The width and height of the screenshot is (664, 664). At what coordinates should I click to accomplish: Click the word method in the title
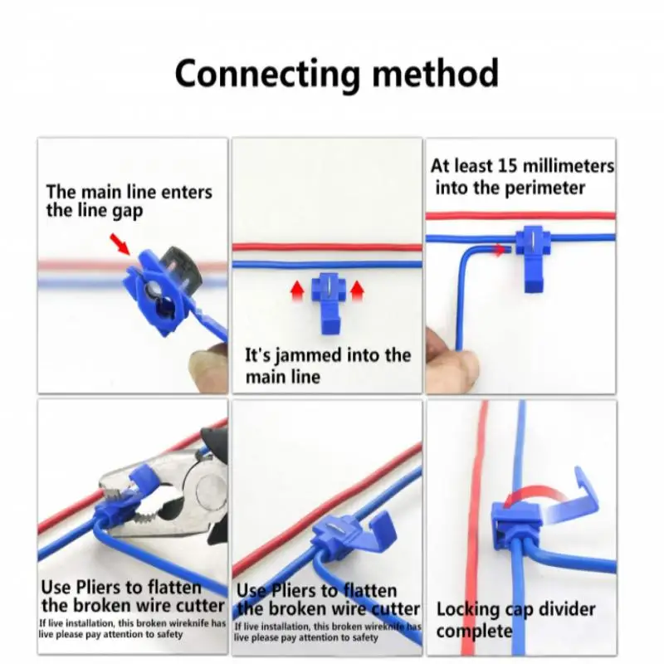434,74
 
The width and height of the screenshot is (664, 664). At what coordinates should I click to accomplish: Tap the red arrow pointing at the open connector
121,244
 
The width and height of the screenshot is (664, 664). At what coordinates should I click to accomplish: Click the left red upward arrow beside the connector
296,290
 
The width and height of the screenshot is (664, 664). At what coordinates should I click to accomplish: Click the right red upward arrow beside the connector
359,290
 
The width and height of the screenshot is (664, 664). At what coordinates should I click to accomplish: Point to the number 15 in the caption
506,165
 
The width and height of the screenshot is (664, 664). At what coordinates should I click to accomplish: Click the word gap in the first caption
126,211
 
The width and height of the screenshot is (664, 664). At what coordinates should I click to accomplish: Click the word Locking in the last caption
468,608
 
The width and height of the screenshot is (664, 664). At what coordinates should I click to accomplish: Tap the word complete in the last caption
474,631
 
